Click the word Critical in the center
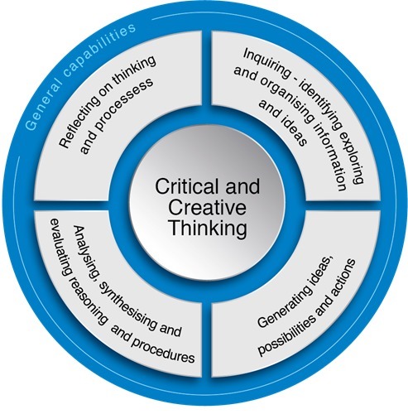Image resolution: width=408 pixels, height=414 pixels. click(x=185, y=187)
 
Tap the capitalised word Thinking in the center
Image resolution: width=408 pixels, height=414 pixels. click(x=209, y=229)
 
